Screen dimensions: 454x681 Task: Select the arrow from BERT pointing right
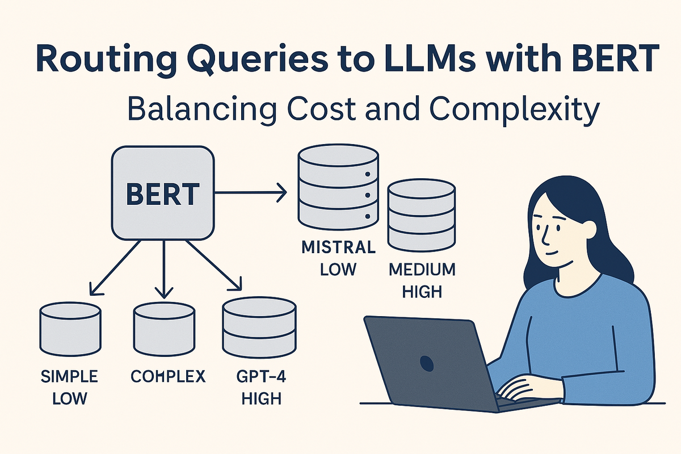[x=250, y=193]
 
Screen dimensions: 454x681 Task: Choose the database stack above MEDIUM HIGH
[x=421, y=215]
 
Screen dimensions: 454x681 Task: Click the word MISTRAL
[x=338, y=248]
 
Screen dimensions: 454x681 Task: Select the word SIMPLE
[x=70, y=376]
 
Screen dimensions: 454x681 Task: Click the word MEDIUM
[x=422, y=270]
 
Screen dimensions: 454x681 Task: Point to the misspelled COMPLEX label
[x=168, y=376]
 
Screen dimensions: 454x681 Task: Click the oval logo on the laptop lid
[x=425, y=361]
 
